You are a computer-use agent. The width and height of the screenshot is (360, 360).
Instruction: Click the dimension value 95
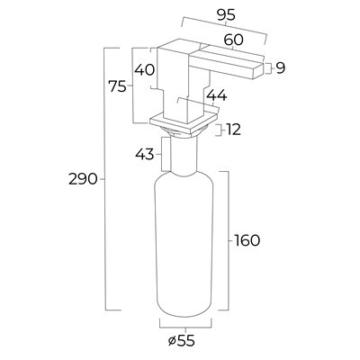(227, 15)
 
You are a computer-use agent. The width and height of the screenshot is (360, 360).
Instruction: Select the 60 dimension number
(233, 40)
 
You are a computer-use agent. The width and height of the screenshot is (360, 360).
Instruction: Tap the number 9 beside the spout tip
(280, 68)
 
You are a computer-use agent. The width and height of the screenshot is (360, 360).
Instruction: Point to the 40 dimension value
(144, 70)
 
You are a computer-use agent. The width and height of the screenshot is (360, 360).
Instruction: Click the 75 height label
(118, 87)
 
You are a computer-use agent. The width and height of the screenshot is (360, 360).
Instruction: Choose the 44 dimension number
(217, 96)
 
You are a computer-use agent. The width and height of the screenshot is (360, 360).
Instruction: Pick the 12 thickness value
(233, 130)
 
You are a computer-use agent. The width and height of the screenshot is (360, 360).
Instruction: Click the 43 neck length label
(144, 155)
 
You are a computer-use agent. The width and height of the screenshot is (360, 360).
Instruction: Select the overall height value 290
(83, 179)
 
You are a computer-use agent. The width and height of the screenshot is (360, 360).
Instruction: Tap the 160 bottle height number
(247, 240)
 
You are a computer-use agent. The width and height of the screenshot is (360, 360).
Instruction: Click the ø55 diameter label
(182, 341)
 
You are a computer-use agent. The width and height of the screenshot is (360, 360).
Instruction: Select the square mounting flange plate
(184, 124)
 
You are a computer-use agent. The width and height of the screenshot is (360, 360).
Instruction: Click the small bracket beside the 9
(268, 68)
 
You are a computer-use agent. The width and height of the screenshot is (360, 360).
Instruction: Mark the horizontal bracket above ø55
(185, 325)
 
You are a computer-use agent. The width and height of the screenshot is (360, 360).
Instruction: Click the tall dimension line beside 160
(228, 240)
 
